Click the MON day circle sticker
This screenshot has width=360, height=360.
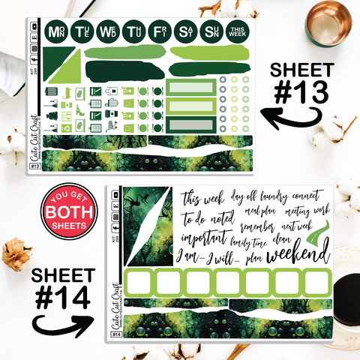tap(55, 31)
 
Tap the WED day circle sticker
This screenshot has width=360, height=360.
tap(108, 31)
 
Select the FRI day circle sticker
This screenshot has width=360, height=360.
tap(159, 31)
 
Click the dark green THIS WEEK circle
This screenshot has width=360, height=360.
tap(236, 31)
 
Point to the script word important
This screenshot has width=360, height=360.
tap(205, 237)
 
